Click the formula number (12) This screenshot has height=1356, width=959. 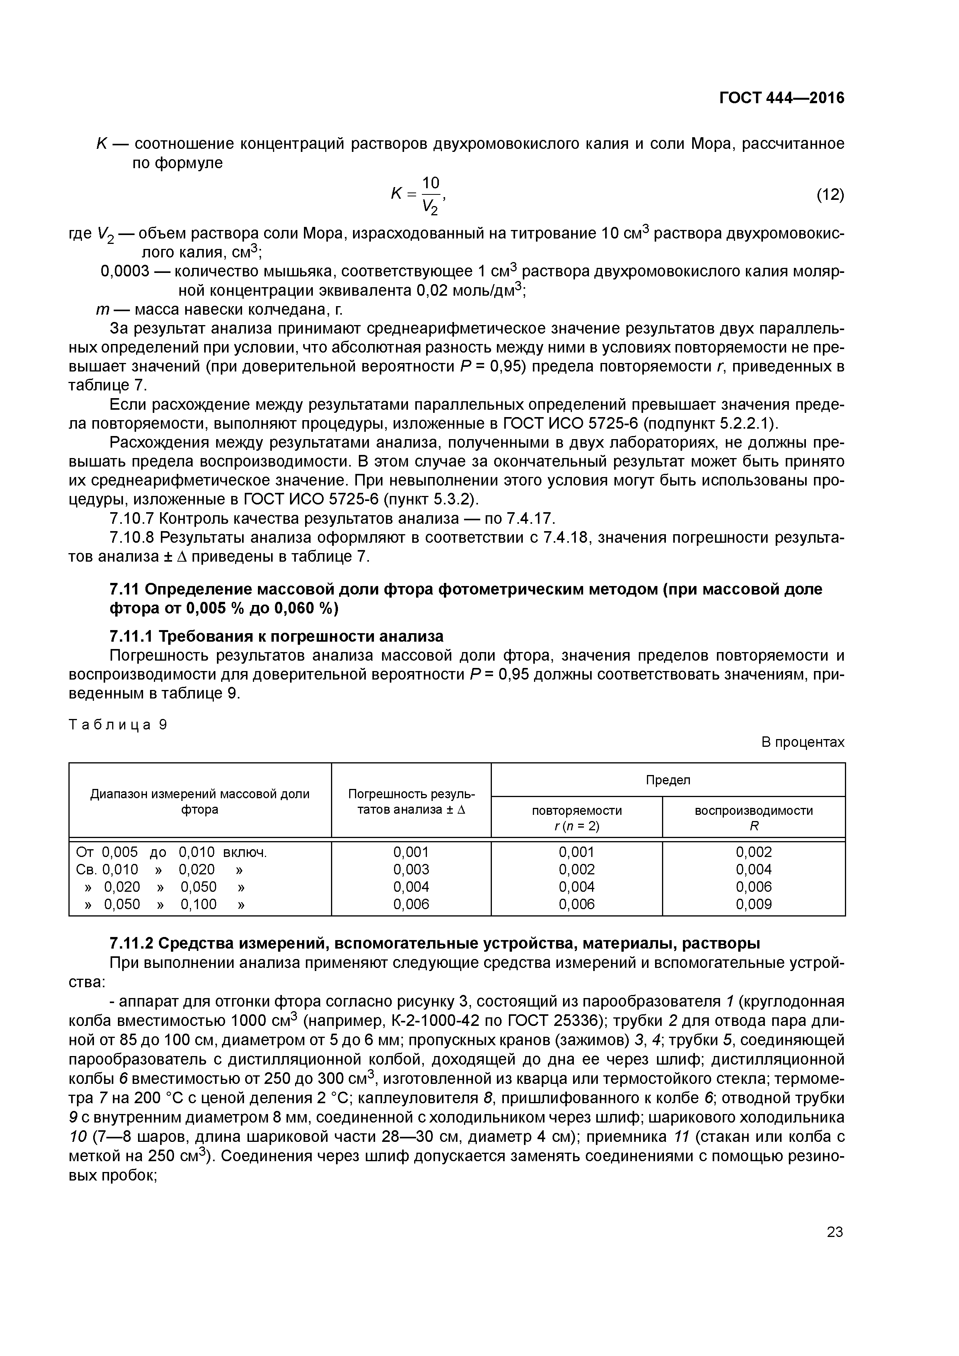(x=829, y=194)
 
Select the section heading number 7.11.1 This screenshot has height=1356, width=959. (x=131, y=636)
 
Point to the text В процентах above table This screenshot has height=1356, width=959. (x=802, y=743)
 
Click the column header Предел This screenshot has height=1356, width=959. (x=668, y=780)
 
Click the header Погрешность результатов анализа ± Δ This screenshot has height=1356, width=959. (x=411, y=801)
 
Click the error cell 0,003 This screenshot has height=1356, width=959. (x=411, y=869)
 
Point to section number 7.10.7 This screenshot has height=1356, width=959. (x=132, y=518)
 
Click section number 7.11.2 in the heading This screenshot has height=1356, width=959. (x=131, y=944)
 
